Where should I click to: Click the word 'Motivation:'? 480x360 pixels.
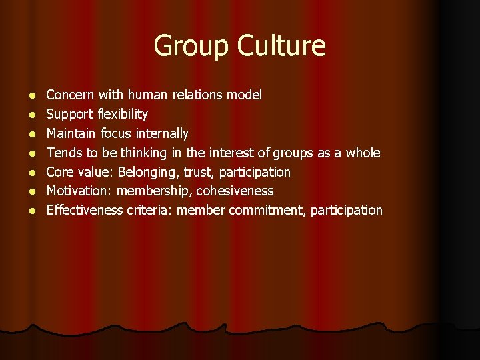79,191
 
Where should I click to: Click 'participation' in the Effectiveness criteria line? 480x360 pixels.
349,211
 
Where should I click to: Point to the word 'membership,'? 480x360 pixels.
154,191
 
